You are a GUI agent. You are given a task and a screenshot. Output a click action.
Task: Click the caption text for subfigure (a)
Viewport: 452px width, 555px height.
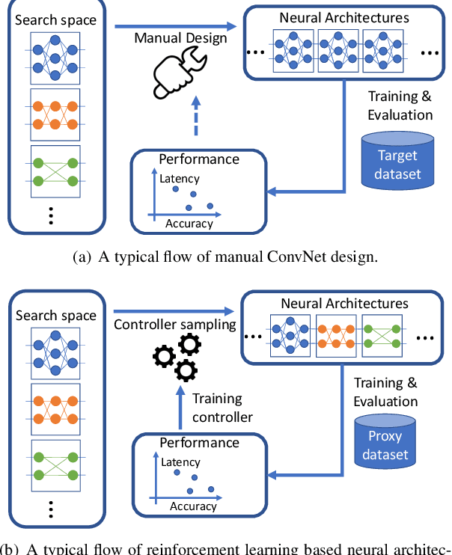pos(225,257)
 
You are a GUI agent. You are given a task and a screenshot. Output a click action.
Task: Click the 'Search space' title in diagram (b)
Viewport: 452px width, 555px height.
pos(56,315)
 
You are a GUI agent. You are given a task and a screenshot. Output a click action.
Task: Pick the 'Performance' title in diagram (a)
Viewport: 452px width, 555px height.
pos(200,159)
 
